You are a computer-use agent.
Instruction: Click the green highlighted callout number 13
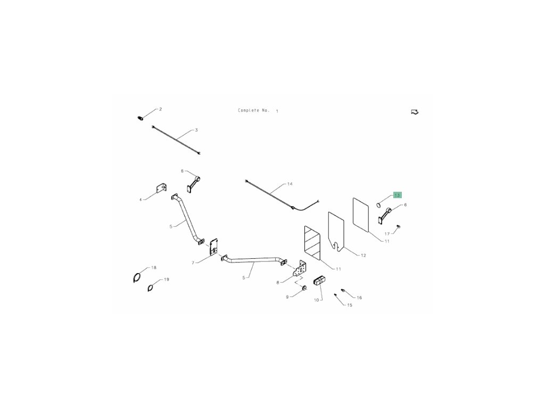tap(397, 195)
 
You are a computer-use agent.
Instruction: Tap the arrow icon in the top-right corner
tap(415, 112)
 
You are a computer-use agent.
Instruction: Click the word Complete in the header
tap(247, 110)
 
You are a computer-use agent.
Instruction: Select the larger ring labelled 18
tap(137, 277)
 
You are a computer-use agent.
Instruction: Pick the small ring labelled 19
tap(151, 288)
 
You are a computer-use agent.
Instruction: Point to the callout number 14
tap(290, 184)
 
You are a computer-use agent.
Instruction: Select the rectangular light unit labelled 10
tap(320, 281)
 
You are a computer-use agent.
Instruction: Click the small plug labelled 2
tap(141, 117)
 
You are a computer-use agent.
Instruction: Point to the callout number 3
tap(196, 130)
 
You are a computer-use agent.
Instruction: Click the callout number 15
tap(349, 305)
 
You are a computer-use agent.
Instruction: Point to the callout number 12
tap(363, 256)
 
